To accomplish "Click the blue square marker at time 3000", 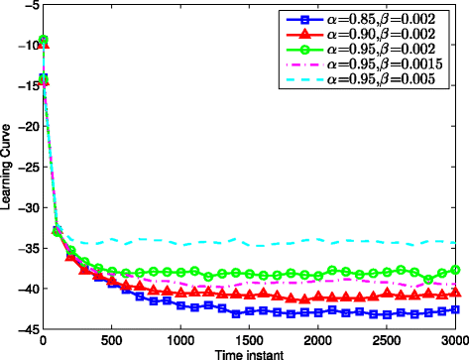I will (455, 309).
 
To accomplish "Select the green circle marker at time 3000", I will (455, 270).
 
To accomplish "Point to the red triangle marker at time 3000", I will (455, 292).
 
